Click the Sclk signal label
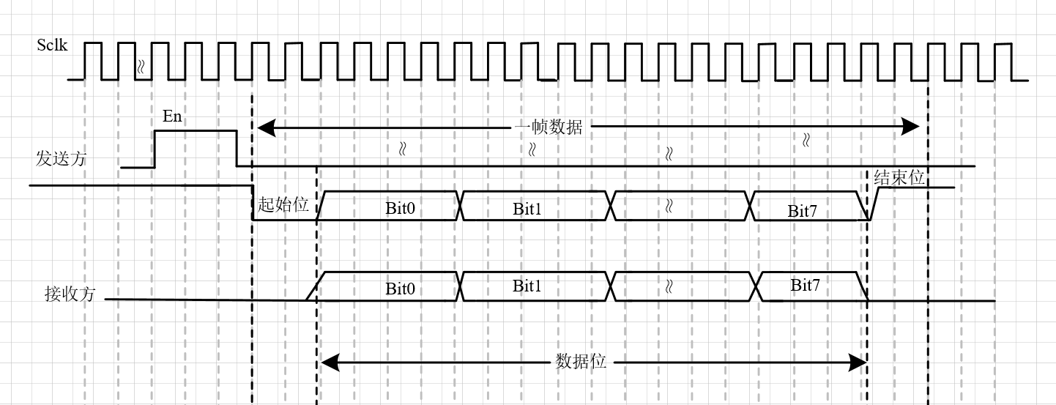[x=52, y=45]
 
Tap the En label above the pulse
[x=172, y=116]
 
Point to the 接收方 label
[x=70, y=294]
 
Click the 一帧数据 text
[x=549, y=127]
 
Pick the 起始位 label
[x=283, y=205]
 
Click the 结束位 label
[x=899, y=178]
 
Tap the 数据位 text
[x=581, y=362]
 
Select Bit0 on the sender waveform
[x=400, y=208]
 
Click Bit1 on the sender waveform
[x=527, y=208]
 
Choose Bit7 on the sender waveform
[x=803, y=212]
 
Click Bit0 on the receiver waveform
[x=400, y=289]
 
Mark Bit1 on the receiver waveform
[x=527, y=286]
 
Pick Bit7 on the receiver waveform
[x=805, y=285]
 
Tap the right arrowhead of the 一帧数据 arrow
[x=910, y=127]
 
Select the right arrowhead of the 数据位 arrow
[x=858, y=362]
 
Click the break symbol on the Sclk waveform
[x=141, y=67]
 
